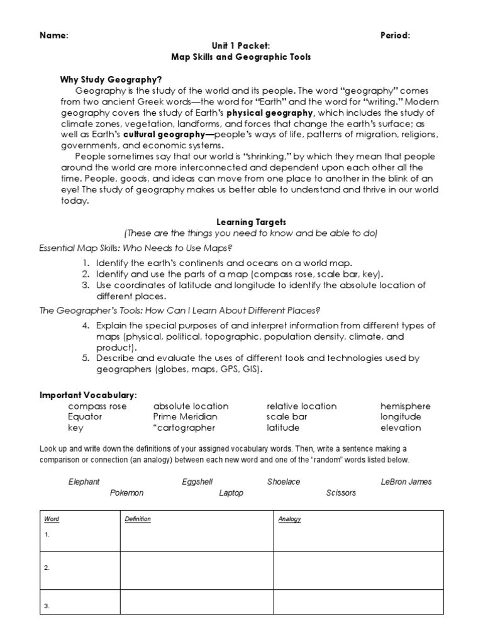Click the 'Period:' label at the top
coord(396,35)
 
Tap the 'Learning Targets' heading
coord(242,222)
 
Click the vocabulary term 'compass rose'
coord(97,406)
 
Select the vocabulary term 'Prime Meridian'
coord(185,417)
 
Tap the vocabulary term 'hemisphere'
coord(405,406)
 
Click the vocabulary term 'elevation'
coord(400,428)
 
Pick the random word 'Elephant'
coord(84,482)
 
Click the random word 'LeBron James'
coord(406,482)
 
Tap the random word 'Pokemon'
coord(126,493)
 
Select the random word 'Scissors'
coord(341,493)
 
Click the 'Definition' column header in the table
coord(138,519)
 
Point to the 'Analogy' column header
coord(290,519)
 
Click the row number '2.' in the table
coord(47,567)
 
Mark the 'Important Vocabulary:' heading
coord(88,395)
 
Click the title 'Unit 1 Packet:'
coord(241,46)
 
